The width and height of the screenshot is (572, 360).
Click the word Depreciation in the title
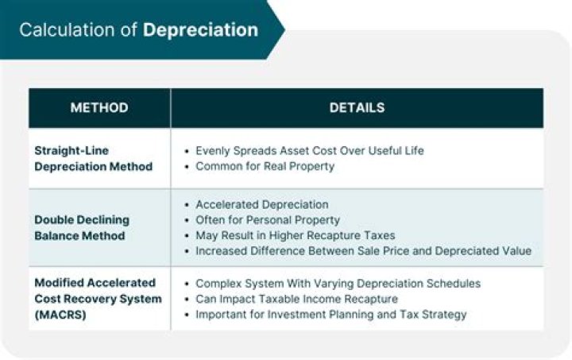point(200,30)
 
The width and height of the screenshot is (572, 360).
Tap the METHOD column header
point(99,108)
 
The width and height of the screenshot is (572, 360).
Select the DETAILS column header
point(357,108)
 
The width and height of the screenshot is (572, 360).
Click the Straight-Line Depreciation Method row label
point(93,158)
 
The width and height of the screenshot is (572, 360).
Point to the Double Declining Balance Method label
point(82,227)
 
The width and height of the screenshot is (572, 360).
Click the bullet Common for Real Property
point(265,166)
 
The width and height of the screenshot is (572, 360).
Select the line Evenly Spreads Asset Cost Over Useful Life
point(309,150)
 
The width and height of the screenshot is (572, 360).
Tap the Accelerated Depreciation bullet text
point(261,204)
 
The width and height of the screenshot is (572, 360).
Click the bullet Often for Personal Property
point(267,219)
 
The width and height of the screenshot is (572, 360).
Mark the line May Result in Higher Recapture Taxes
point(295,235)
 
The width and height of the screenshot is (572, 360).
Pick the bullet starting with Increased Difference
point(363,251)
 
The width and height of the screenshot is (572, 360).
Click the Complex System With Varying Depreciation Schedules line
point(338,283)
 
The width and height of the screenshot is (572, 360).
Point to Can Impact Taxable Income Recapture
point(296,299)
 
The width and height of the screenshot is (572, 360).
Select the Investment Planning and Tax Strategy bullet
point(330,314)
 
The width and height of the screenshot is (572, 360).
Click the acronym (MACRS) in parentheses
point(59,314)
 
